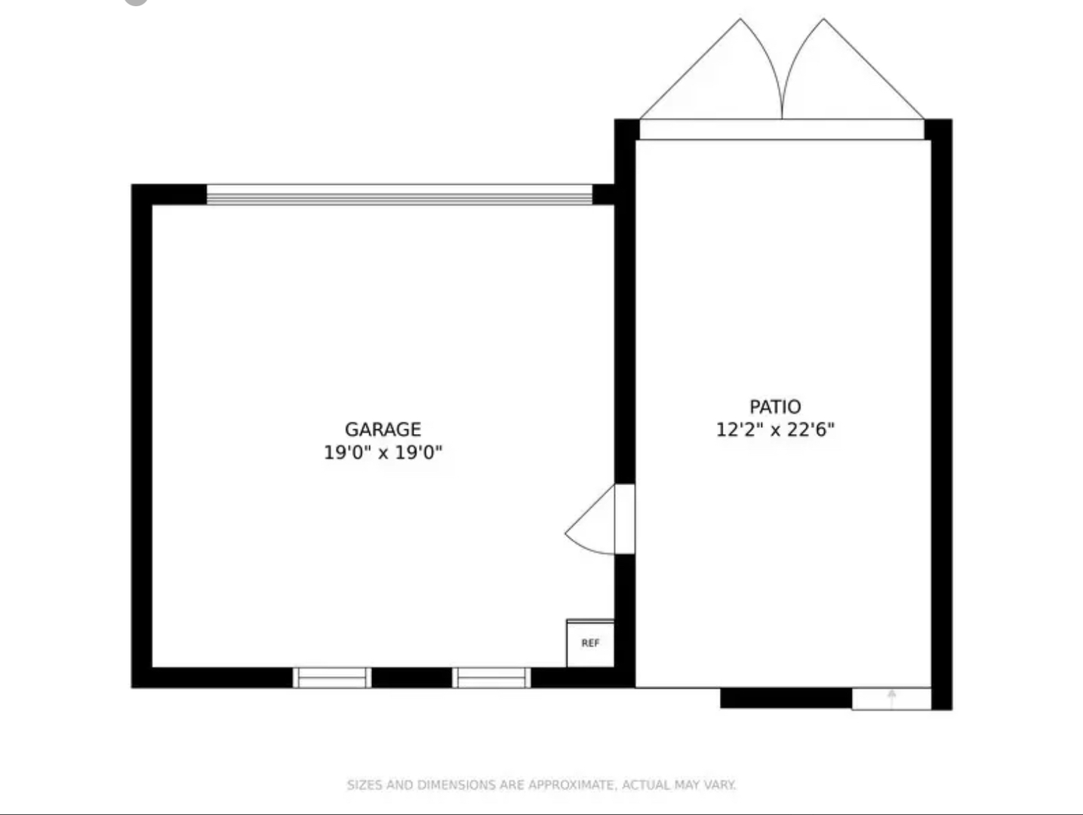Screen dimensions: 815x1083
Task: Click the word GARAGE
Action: coord(383,429)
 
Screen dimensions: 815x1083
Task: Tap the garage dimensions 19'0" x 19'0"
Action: coord(383,453)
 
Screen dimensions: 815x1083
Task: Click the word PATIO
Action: coord(775,407)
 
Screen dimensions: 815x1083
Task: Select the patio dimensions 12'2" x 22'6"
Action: coord(775,430)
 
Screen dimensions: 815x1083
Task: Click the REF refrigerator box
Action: coord(590,643)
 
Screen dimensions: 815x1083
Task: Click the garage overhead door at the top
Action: coord(399,195)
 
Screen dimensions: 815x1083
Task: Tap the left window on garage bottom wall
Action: coord(332,678)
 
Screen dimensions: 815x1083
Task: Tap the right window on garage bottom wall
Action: coord(491,678)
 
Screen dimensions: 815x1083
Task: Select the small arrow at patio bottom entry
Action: coord(892,698)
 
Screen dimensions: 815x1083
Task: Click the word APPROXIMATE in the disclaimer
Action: coord(571,785)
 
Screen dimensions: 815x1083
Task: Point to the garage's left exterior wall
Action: coord(142,435)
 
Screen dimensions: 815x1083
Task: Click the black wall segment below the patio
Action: coord(786,698)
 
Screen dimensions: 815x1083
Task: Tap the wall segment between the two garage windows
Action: coord(412,678)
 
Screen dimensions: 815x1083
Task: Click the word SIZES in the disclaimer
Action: coord(365,785)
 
